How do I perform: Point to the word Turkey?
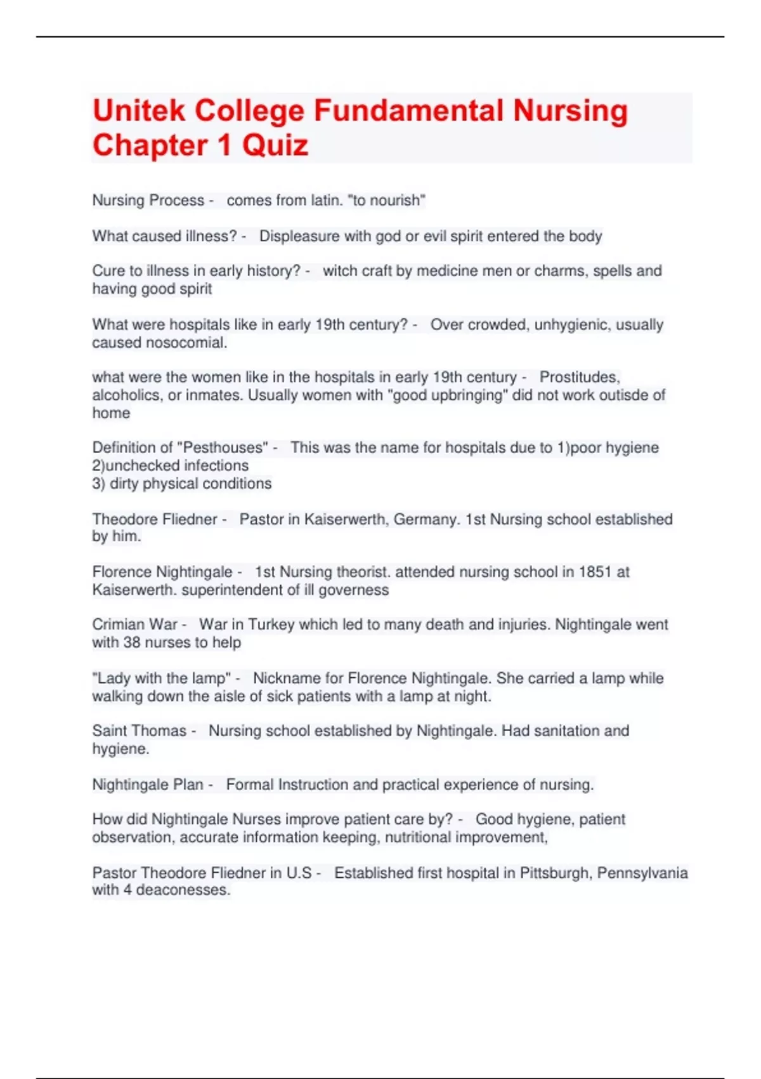coord(271,625)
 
